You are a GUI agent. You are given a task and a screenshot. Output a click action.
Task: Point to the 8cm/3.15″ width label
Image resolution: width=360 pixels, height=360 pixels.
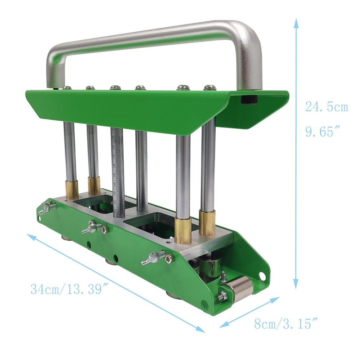[282, 324]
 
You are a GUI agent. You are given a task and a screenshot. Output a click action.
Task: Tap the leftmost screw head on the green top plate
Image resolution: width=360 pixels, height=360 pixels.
[66, 87]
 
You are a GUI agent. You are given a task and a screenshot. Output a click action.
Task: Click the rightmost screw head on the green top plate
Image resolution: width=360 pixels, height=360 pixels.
[209, 87]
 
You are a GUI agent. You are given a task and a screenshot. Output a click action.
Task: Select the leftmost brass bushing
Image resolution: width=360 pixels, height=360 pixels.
[72, 190]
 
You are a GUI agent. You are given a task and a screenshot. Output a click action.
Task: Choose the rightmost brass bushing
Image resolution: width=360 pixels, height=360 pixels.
[207, 223]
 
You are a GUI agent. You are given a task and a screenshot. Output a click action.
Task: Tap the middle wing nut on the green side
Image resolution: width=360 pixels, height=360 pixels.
[92, 227]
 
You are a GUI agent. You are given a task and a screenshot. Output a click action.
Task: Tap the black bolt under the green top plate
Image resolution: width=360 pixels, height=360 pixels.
[249, 99]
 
